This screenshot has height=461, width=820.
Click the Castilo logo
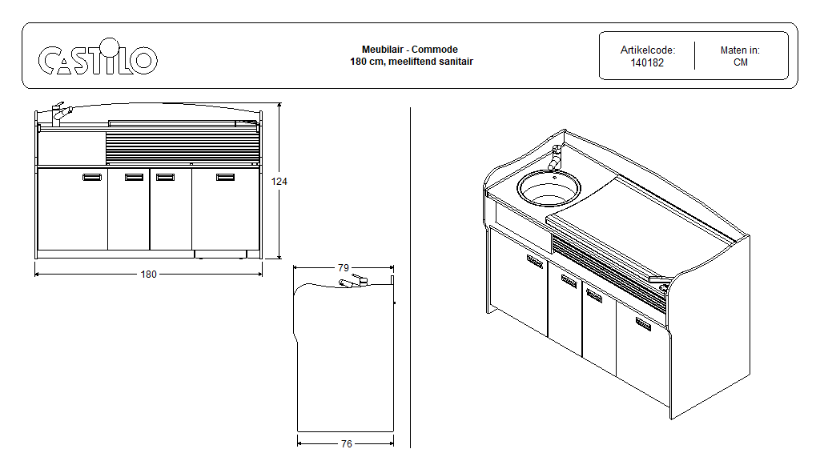(x=98, y=58)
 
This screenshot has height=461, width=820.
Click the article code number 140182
(x=647, y=62)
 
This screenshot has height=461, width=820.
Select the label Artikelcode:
(x=647, y=50)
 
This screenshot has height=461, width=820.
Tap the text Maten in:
(x=740, y=50)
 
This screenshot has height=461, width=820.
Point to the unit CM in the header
(x=740, y=62)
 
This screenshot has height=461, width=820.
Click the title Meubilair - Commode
(x=410, y=50)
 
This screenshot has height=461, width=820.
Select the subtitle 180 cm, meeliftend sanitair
(x=410, y=61)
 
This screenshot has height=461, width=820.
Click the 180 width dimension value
(x=149, y=274)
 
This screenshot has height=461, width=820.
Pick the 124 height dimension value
(x=279, y=182)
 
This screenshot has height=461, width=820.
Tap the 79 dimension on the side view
(x=344, y=267)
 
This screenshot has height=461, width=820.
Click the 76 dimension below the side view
(x=346, y=443)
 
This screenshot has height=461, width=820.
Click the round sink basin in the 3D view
(x=548, y=187)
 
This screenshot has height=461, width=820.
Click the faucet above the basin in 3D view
(x=554, y=157)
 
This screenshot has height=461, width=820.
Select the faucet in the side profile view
(x=353, y=282)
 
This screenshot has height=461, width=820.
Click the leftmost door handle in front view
(x=92, y=178)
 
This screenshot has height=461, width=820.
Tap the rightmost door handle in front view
(x=225, y=178)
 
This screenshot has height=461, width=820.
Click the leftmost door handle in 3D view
(x=534, y=260)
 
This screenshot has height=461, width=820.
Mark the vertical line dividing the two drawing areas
(x=410, y=276)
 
